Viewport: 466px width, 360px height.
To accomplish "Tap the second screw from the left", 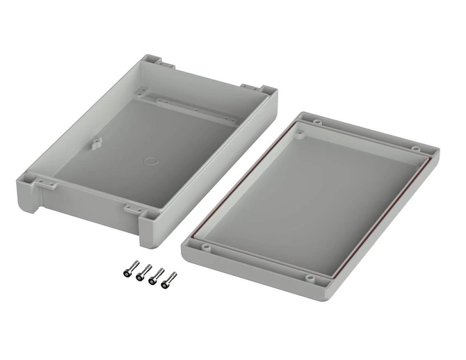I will [x=141, y=273].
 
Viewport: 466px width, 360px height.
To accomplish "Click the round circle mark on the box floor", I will [x=150, y=161].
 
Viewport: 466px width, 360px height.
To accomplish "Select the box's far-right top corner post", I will [x=265, y=90].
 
